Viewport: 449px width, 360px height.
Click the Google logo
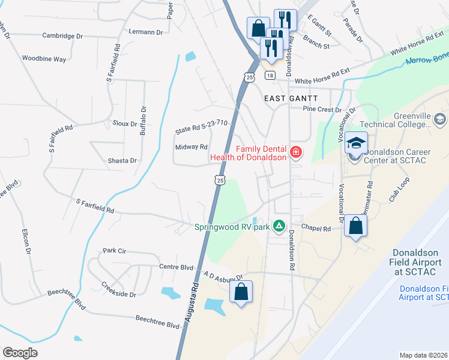pos(20,353)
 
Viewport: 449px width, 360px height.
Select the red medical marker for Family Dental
pos(295,153)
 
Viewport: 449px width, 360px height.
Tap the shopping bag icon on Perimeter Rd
pos(356,226)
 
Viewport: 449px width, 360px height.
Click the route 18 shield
pos(270,75)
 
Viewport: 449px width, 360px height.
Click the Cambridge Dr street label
pos(62,36)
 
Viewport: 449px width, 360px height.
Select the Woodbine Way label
pos(44,59)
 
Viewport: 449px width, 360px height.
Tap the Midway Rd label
pos(191,146)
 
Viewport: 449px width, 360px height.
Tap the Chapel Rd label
pos(316,229)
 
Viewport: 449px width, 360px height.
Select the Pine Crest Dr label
pos(322,110)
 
